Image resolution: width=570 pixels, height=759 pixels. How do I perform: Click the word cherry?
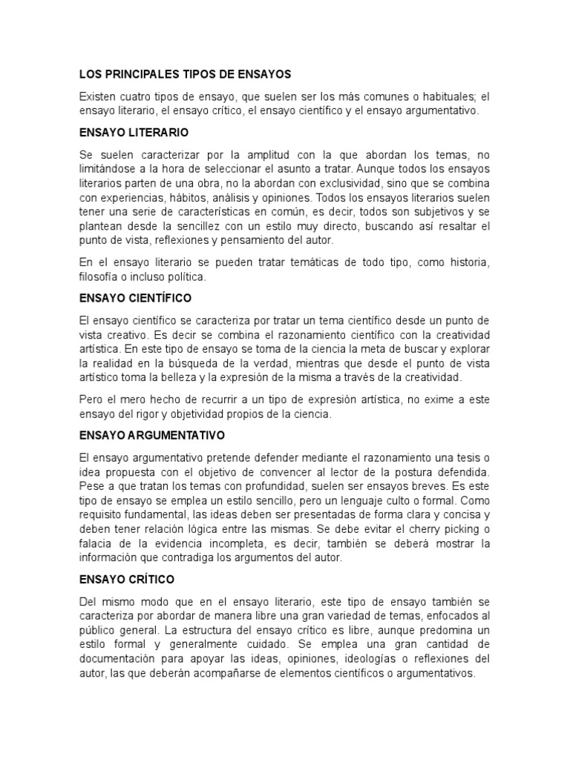[x=427, y=529]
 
